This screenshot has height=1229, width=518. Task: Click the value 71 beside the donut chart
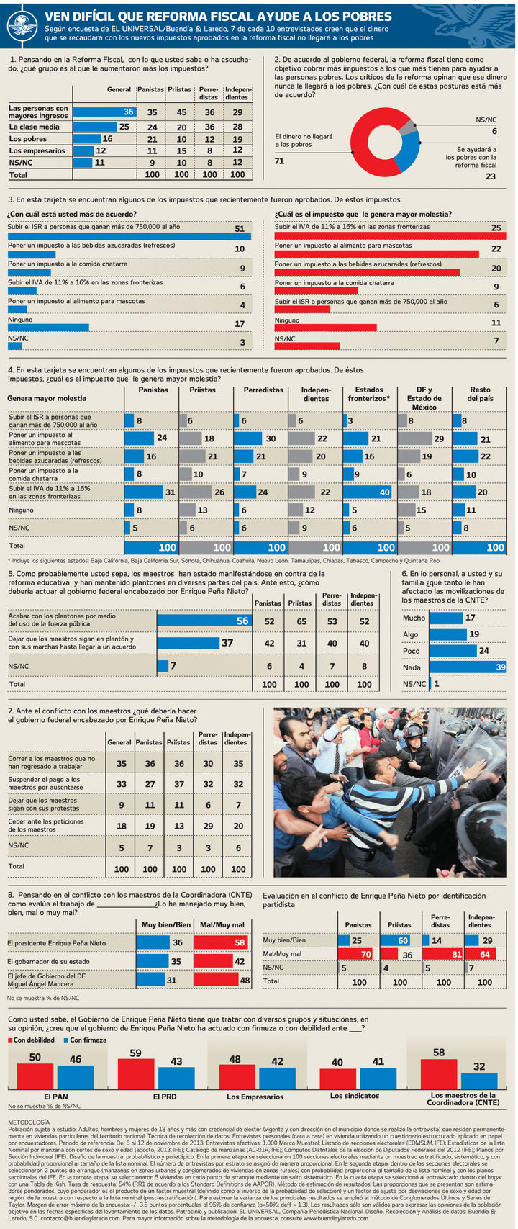point(279,161)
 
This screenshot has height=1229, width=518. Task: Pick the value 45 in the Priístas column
point(181,112)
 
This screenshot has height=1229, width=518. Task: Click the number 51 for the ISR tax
point(240,229)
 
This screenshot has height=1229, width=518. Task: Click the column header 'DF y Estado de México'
point(424,398)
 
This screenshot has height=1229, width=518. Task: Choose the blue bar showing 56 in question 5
point(204,621)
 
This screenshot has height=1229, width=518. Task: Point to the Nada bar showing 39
point(468,667)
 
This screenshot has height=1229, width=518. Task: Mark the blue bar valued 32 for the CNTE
point(479,1081)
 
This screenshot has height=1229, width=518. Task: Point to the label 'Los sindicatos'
point(355,1096)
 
